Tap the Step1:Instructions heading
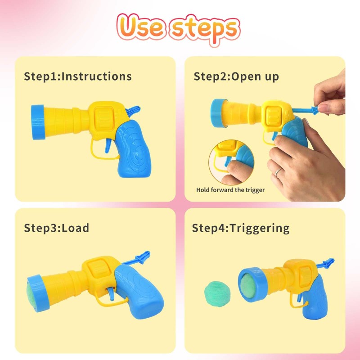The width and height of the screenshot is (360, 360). (x=78, y=76)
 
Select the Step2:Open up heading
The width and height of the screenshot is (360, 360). (x=236, y=76)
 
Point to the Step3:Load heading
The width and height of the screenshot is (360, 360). (x=57, y=228)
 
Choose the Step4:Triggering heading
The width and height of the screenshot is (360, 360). (x=241, y=228)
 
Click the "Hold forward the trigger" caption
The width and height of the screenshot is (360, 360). (x=230, y=190)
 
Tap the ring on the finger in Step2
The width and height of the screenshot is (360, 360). (x=279, y=172)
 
